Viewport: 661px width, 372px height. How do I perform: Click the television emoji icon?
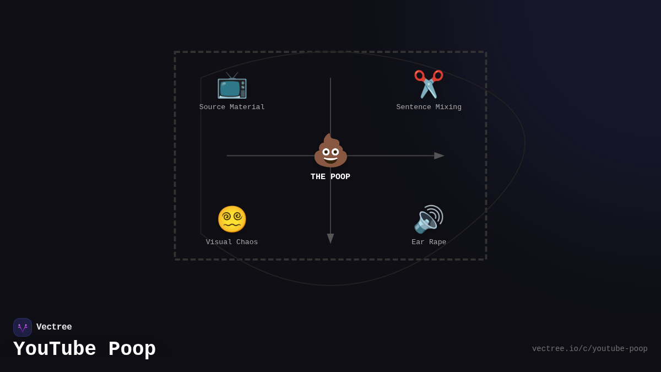232,85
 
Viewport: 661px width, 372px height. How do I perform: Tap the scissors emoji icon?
429,84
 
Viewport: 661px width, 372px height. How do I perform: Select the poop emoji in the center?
330,150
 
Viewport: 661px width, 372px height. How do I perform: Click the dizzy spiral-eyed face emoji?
232,219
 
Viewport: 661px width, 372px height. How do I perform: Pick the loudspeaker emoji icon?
429,219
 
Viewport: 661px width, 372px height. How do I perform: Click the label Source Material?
232,107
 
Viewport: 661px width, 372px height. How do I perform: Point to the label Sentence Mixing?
429,107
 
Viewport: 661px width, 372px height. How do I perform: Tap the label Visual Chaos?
232,242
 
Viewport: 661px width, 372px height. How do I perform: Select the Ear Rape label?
429,242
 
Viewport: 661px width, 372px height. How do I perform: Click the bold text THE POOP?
330,176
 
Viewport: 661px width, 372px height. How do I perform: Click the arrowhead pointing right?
439,155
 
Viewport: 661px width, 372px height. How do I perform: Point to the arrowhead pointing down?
330,239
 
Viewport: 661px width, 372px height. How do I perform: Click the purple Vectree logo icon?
23,327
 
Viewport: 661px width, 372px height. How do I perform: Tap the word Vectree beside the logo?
54,327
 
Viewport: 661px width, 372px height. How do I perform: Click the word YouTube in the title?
55,349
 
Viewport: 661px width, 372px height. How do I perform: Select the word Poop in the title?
132,349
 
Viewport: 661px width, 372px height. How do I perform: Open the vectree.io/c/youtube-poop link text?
589,349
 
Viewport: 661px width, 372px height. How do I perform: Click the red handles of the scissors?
429,76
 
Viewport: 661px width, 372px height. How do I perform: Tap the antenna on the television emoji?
232,76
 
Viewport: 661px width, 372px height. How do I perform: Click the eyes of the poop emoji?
330,152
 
